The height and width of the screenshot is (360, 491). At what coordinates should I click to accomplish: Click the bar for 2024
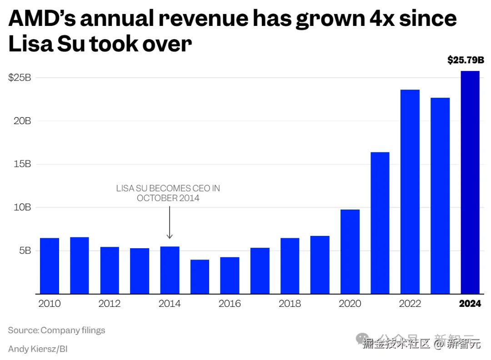470,182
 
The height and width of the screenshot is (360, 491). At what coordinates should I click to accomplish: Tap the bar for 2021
380,223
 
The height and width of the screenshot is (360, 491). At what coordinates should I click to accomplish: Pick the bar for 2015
200,277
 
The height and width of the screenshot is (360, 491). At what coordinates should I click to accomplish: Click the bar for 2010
50,266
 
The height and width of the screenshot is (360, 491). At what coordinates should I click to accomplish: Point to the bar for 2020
350,251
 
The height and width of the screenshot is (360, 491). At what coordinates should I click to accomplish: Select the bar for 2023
440,195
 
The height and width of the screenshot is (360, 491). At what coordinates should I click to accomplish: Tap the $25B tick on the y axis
20,78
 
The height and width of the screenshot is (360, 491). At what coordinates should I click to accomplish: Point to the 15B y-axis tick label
22,164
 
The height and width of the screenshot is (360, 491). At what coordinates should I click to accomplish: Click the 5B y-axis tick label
24,250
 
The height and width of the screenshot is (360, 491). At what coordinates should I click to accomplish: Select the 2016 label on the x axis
230,304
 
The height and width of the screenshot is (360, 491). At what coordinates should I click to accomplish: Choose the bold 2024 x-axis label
470,304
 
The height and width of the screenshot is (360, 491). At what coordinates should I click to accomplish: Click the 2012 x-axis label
110,304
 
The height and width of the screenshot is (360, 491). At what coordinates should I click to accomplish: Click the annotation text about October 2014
168,193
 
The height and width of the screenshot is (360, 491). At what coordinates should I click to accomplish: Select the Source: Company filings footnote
56,330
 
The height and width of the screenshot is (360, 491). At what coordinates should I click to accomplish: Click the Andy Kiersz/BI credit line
38,349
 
